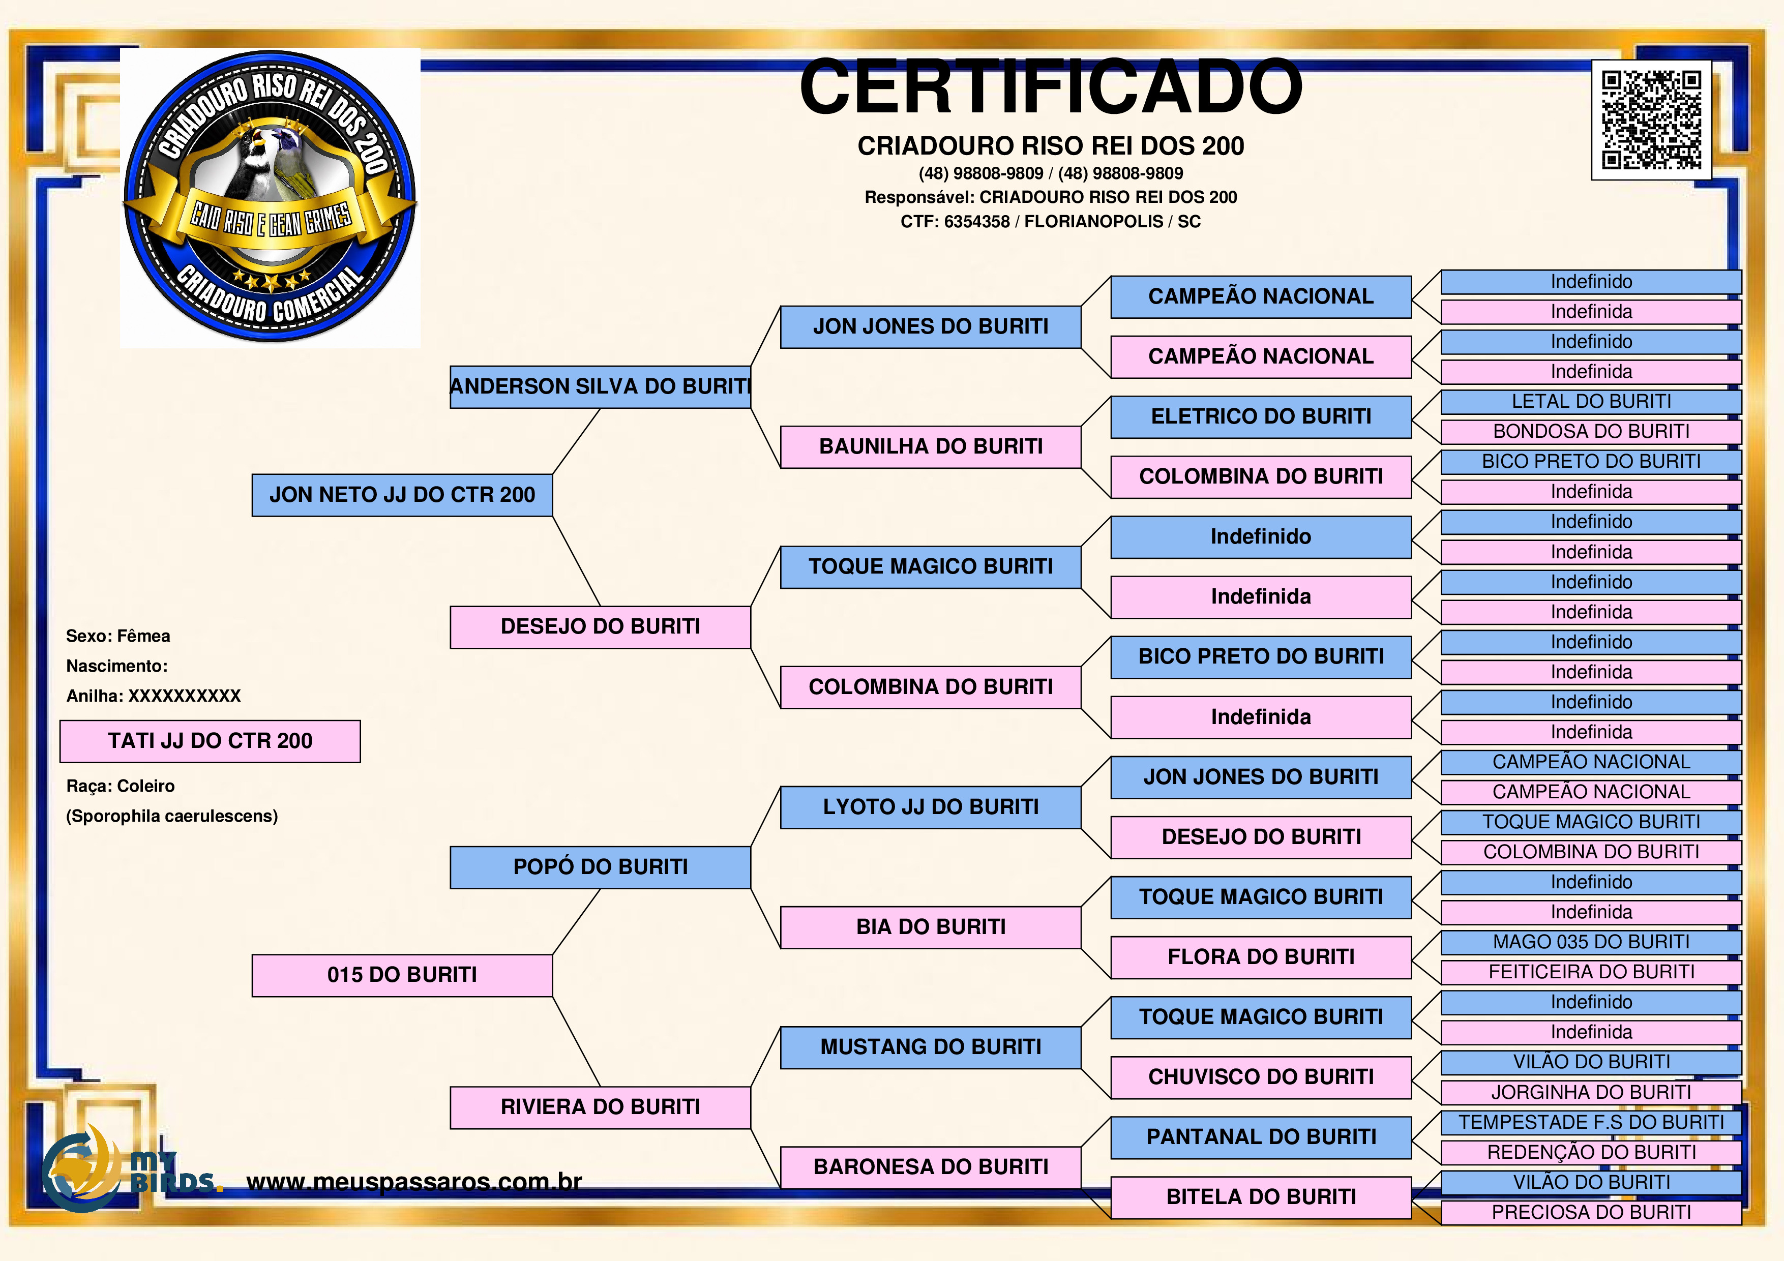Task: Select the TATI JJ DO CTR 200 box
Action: point(210,741)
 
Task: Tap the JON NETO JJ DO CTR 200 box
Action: point(402,495)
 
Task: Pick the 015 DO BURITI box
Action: point(402,975)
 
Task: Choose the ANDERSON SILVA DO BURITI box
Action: point(601,387)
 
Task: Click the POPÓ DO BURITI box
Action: point(601,867)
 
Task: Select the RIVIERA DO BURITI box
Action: point(601,1107)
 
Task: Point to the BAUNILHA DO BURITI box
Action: point(931,447)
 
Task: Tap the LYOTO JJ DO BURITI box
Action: point(931,807)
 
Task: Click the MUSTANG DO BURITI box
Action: point(931,1047)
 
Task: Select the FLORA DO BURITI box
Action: point(1261,957)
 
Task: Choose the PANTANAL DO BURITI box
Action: point(1261,1137)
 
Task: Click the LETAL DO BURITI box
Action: point(1591,402)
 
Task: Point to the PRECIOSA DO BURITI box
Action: point(1591,1213)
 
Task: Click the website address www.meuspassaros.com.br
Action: point(414,1182)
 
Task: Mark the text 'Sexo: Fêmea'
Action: point(118,636)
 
